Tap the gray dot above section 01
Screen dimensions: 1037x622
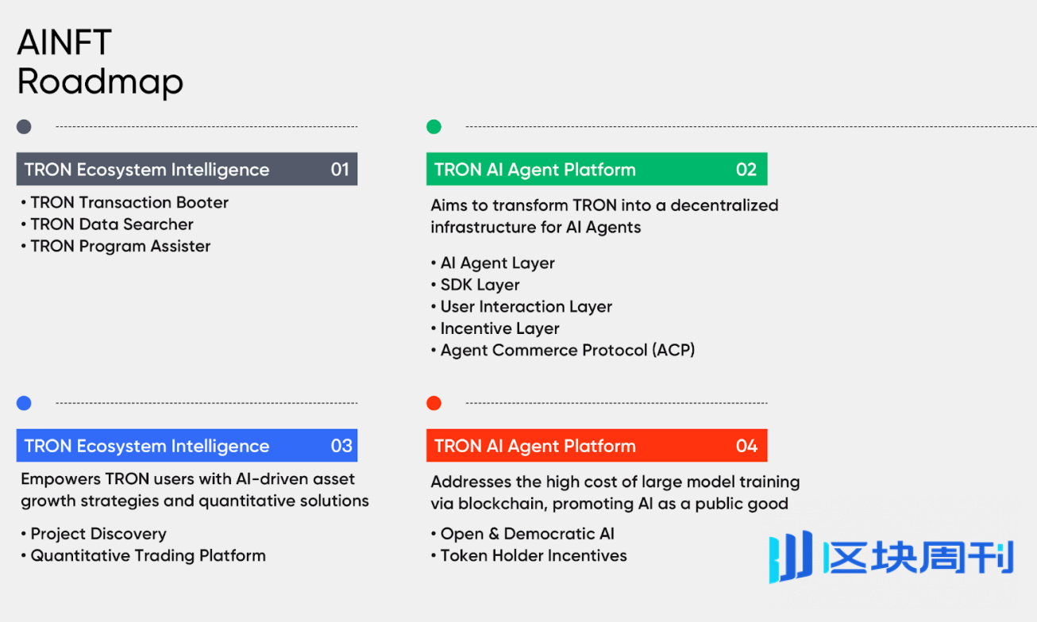tap(24, 126)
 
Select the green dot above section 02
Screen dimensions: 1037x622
tap(434, 126)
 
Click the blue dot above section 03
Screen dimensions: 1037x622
tap(24, 403)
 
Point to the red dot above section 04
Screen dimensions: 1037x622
tap(434, 403)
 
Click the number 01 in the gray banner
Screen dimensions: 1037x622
tap(340, 169)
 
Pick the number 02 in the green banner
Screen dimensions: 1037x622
tap(746, 169)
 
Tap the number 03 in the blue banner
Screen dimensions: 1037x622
tap(341, 446)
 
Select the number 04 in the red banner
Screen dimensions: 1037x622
tap(746, 446)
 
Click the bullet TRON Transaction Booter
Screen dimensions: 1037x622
tap(125, 202)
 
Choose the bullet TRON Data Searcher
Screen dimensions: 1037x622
tap(107, 225)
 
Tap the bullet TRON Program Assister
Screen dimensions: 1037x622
tap(116, 246)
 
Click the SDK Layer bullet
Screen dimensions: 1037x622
tap(475, 285)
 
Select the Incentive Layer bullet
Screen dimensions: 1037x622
tap(495, 328)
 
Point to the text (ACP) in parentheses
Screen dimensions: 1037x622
tap(673, 350)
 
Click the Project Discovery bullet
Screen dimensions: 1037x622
tap(94, 534)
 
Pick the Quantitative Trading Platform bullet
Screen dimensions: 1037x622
tap(144, 555)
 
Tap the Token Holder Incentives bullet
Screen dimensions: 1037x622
tap(529, 555)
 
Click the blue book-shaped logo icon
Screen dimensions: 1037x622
tap(790, 556)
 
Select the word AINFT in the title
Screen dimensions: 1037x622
tap(64, 42)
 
